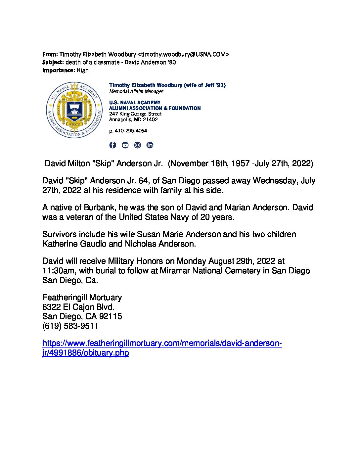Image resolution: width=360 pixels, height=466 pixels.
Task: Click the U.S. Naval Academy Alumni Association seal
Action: [74, 110]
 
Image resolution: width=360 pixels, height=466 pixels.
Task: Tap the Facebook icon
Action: [113, 145]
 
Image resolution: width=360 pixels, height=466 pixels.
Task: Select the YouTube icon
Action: [125, 145]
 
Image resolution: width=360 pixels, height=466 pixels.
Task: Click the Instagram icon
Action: [137, 145]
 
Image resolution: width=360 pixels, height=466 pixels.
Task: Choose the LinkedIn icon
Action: [150, 145]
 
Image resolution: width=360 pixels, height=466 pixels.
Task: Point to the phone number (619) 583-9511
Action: [70, 326]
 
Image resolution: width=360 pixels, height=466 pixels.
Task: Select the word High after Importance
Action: [83, 70]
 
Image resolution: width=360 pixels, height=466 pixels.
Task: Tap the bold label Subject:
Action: [53, 62]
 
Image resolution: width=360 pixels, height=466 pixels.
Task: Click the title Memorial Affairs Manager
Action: [136, 91]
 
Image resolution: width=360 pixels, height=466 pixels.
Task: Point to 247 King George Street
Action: [135, 114]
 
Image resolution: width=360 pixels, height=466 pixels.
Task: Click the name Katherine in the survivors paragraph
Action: [61, 244]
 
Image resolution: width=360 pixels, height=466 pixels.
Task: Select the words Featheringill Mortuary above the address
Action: [82, 297]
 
